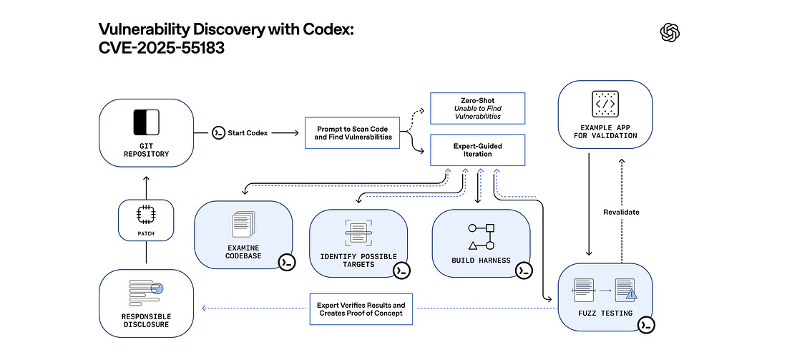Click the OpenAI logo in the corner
point(670,32)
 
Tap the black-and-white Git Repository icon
point(147,122)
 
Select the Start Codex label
point(248,133)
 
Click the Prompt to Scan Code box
point(354,132)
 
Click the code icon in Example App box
point(605,104)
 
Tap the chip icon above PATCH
point(145,215)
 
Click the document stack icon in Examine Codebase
point(243,225)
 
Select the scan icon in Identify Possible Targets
point(358,233)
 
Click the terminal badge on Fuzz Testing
point(646,324)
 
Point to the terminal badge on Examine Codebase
point(287,261)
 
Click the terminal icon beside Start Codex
point(218,133)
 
